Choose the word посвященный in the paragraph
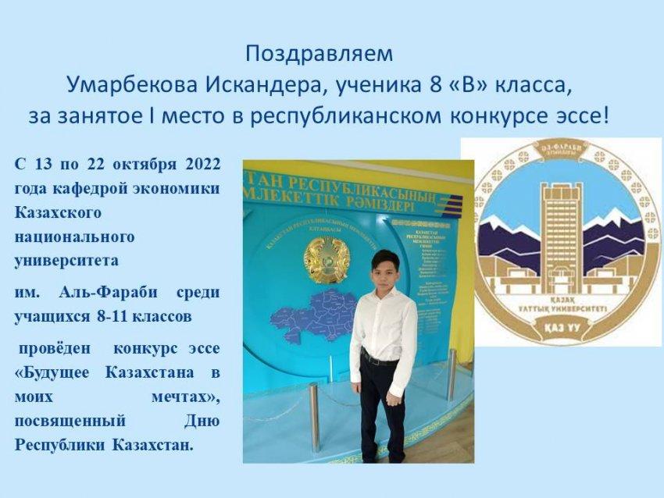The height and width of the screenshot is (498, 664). point(70,421)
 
